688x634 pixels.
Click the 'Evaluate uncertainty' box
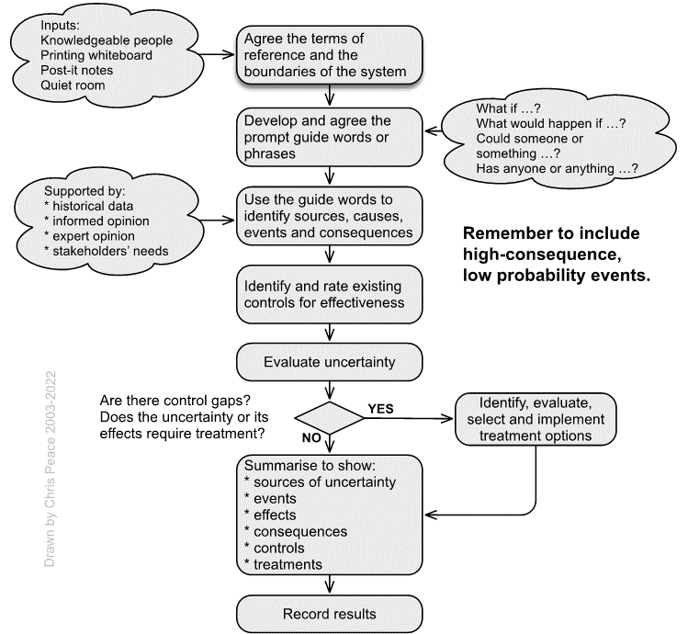click(x=329, y=362)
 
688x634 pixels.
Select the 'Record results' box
click(x=329, y=614)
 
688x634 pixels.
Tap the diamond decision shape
click(x=329, y=418)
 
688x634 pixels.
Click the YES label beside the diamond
click(x=380, y=409)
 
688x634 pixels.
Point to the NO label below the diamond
click(x=311, y=437)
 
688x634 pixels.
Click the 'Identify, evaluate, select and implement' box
click(x=536, y=419)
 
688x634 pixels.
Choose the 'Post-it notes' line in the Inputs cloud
click(x=77, y=70)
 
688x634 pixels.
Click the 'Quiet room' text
click(x=73, y=85)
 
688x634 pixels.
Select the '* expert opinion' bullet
click(x=89, y=236)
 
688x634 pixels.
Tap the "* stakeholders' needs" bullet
click(x=107, y=251)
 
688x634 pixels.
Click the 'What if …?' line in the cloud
click(x=508, y=108)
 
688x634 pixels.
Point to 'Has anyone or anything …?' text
click(x=557, y=168)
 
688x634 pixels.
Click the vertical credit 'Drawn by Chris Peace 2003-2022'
click(x=50, y=469)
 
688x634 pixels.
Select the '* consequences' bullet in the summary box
click(x=296, y=532)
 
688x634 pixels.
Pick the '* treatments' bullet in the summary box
click(x=284, y=565)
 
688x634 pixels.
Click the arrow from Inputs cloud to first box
click(x=216, y=54)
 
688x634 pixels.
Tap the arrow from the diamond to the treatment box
click(x=409, y=418)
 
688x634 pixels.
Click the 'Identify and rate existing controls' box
click(x=329, y=294)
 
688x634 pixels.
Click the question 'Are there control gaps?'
click(x=175, y=401)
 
